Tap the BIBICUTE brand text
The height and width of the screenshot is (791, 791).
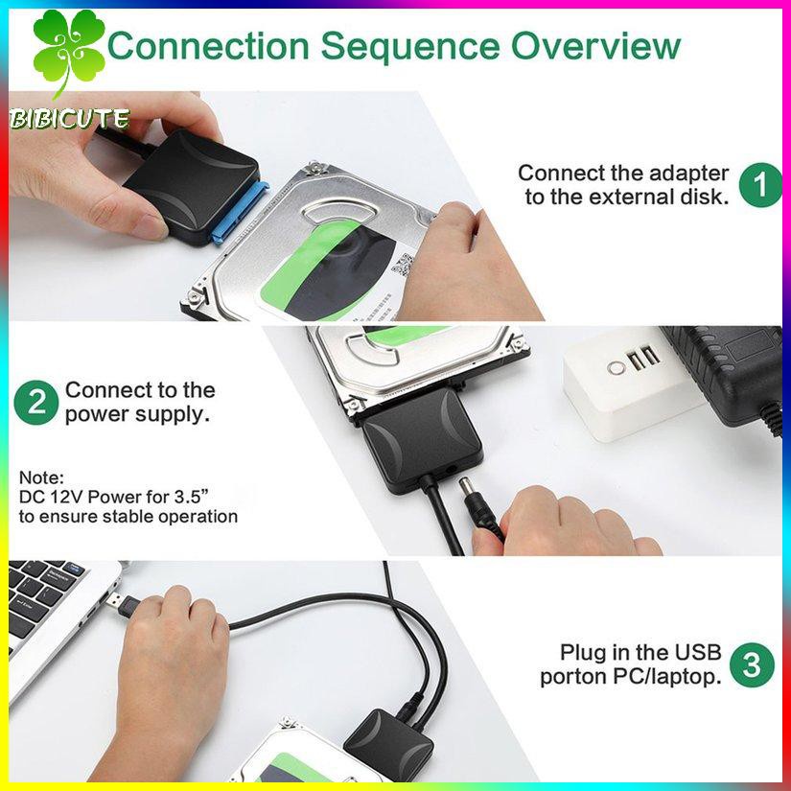tap(69, 119)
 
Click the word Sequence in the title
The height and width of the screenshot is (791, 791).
tap(410, 46)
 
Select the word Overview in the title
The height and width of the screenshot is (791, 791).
tap(595, 45)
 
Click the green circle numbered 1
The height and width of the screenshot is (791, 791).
tap(760, 185)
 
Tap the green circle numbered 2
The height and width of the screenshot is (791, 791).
tap(36, 403)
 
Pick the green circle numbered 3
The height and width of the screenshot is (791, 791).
tap(752, 664)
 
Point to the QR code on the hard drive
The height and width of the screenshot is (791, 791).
tap(403, 265)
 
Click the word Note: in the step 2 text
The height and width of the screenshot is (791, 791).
tap(42, 477)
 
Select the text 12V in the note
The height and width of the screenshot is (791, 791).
tap(66, 497)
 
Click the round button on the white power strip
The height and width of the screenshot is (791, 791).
tap(616, 367)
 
